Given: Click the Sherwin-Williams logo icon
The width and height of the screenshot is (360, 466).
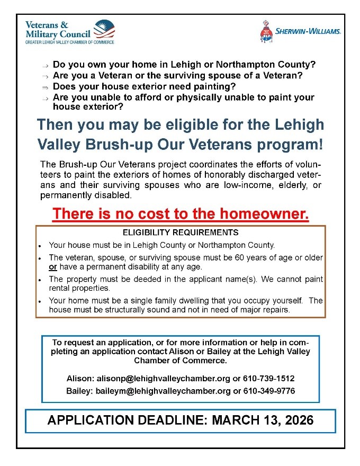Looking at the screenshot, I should tap(266, 31).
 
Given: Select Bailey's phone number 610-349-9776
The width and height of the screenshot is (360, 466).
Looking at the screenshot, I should tap(270, 391).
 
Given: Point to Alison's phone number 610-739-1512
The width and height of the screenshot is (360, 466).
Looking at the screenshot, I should tap(270, 379).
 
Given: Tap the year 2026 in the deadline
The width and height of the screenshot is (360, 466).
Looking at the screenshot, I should tap(298, 420).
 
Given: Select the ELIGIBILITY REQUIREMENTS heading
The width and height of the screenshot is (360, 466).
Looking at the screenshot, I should tap(181, 232).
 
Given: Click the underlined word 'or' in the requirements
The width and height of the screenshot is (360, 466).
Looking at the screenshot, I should tap(52, 267).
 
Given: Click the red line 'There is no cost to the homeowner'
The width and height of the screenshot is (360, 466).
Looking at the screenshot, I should tap(181, 214).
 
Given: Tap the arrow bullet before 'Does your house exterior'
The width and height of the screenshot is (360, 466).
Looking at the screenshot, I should tap(46, 87).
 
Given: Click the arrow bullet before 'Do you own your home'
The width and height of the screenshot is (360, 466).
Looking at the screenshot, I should tap(46, 66).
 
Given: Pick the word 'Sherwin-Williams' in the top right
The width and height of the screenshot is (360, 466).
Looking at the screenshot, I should tap(308, 32).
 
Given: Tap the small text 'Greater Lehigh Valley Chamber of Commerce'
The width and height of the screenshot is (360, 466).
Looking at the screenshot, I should tap(69, 41).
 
